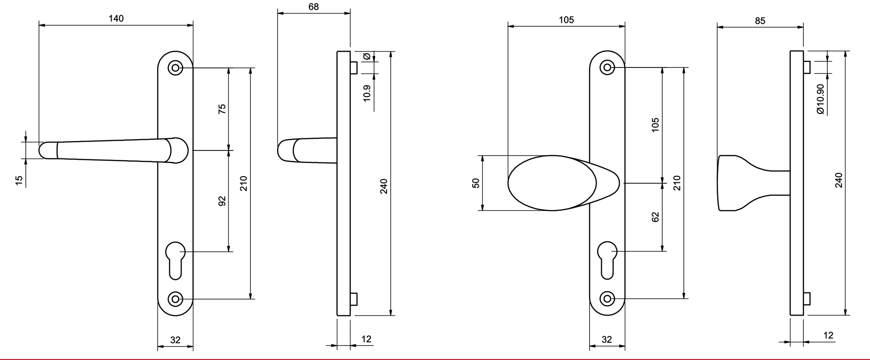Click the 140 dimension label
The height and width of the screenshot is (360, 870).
point(116,18)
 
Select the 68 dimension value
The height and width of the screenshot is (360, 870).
point(313,7)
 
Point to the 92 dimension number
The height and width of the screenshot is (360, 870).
point(222,201)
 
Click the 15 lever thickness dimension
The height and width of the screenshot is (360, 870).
point(19,180)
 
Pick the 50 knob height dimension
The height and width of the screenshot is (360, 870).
point(476,183)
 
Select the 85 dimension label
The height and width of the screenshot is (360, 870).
point(760,21)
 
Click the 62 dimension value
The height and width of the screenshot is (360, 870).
point(656,217)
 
